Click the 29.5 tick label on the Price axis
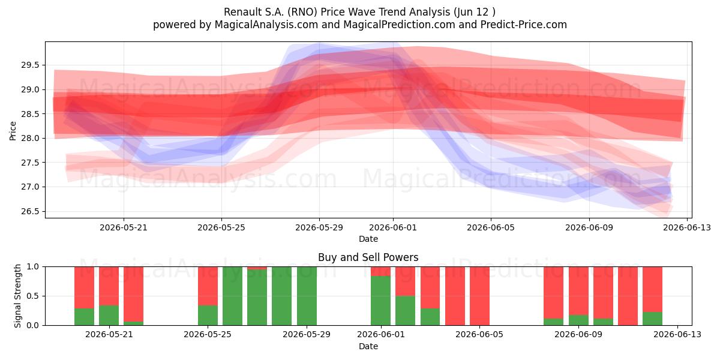(30, 65)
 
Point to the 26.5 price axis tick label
(30, 211)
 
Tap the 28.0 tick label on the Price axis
(30, 138)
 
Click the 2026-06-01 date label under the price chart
(393, 227)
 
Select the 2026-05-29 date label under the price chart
(319, 227)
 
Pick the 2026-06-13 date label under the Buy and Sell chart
(677, 334)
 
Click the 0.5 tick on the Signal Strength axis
(32, 296)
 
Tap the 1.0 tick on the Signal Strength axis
(32, 266)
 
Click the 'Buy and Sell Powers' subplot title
(368, 257)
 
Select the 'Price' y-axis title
(13, 131)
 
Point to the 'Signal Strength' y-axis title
(17, 296)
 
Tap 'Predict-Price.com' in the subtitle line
(524, 25)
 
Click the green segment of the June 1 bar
(380, 301)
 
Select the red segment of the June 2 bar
(406, 281)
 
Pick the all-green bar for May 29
(307, 296)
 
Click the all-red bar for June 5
(479, 296)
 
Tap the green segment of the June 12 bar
(653, 319)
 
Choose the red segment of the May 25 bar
(208, 286)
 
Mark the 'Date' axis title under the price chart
(368, 239)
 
